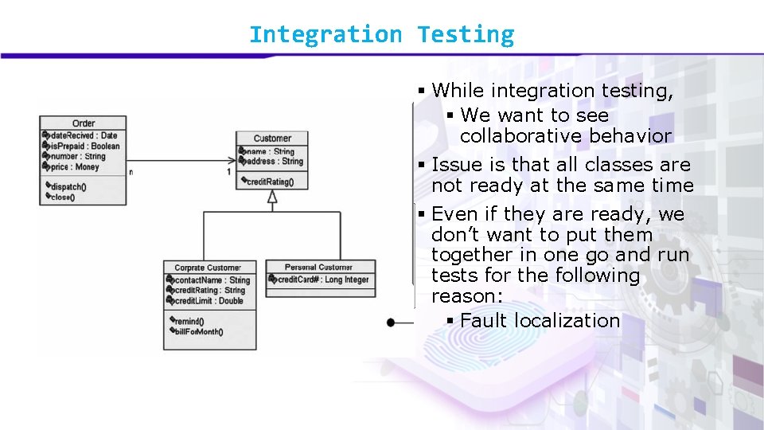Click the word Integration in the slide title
point(325,35)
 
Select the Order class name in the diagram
point(84,123)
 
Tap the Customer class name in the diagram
point(272,139)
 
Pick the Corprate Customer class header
point(207,268)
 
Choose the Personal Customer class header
point(318,268)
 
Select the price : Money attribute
point(75,167)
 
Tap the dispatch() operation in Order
point(68,187)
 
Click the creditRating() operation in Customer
point(269,182)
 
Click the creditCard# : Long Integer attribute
point(322,279)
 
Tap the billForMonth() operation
point(198,332)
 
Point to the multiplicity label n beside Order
point(131,171)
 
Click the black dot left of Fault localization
point(390,322)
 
